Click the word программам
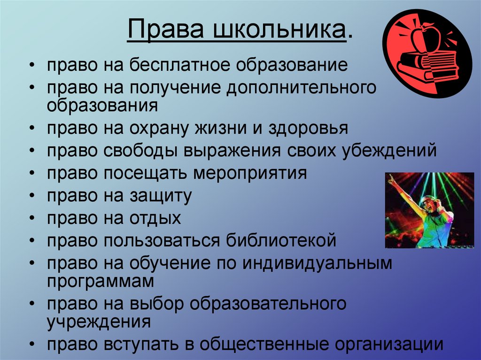(x=100, y=281)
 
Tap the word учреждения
(x=99, y=322)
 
